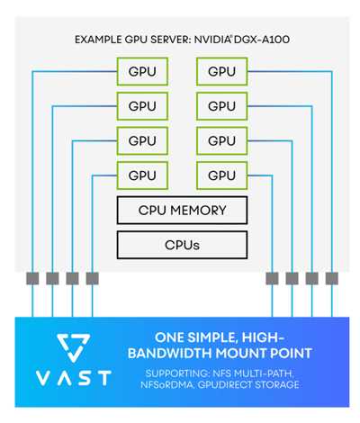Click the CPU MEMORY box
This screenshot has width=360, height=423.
pyautogui.click(x=182, y=211)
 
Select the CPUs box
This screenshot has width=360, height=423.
pyautogui.click(x=182, y=245)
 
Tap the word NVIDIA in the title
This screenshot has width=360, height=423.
pyautogui.click(x=212, y=40)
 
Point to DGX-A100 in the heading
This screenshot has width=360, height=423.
pyautogui.click(x=262, y=40)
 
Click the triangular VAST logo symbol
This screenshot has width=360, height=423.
pyautogui.click(x=74, y=347)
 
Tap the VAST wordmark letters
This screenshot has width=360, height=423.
pyautogui.click(x=74, y=378)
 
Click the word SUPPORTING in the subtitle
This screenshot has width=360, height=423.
pyautogui.click(x=177, y=373)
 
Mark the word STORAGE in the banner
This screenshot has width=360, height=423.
pyautogui.click(x=276, y=384)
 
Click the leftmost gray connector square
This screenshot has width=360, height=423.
pyautogui.click(x=32, y=278)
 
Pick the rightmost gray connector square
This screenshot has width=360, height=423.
pyautogui.click(x=332, y=278)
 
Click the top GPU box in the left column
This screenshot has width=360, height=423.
pyautogui.click(x=142, y=72)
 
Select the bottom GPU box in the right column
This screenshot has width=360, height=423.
pyautogui.click(x=222, y=175)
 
